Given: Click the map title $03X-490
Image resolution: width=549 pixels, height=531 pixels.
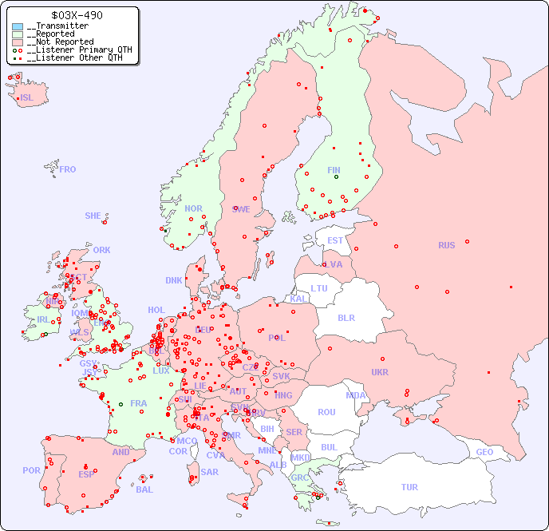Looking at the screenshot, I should [76, 15].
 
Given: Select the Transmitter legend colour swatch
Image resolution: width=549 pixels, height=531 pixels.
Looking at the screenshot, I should [18, 26].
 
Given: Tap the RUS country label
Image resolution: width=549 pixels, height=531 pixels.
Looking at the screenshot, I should [446, 245].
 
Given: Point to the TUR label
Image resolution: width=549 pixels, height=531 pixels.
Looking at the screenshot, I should [409, 487].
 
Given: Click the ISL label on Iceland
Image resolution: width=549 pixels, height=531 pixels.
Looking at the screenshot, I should [27, 98].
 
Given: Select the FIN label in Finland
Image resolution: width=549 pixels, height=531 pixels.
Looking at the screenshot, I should [334, 170].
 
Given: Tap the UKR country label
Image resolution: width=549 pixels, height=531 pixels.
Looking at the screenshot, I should [380, 372].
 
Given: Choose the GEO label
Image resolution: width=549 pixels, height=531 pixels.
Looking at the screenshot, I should [484, 452].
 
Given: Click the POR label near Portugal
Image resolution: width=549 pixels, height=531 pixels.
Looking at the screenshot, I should [31, 470].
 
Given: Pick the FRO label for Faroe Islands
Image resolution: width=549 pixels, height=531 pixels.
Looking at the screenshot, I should [68, 169].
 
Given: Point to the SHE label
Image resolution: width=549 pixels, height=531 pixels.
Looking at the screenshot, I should [93, 216].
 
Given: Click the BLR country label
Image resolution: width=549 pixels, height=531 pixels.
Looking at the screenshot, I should [346, 317].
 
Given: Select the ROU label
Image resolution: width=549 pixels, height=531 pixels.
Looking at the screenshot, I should [326, 412].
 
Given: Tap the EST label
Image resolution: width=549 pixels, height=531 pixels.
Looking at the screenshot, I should [335, 240].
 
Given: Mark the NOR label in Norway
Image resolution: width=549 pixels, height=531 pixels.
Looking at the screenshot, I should [193, 208].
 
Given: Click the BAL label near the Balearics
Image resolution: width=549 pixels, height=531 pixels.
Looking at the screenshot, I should [144, 489].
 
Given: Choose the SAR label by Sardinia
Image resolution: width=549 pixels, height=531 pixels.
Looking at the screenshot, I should [209, 472].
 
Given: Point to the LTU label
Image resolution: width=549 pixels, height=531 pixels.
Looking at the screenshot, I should [319, 288].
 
